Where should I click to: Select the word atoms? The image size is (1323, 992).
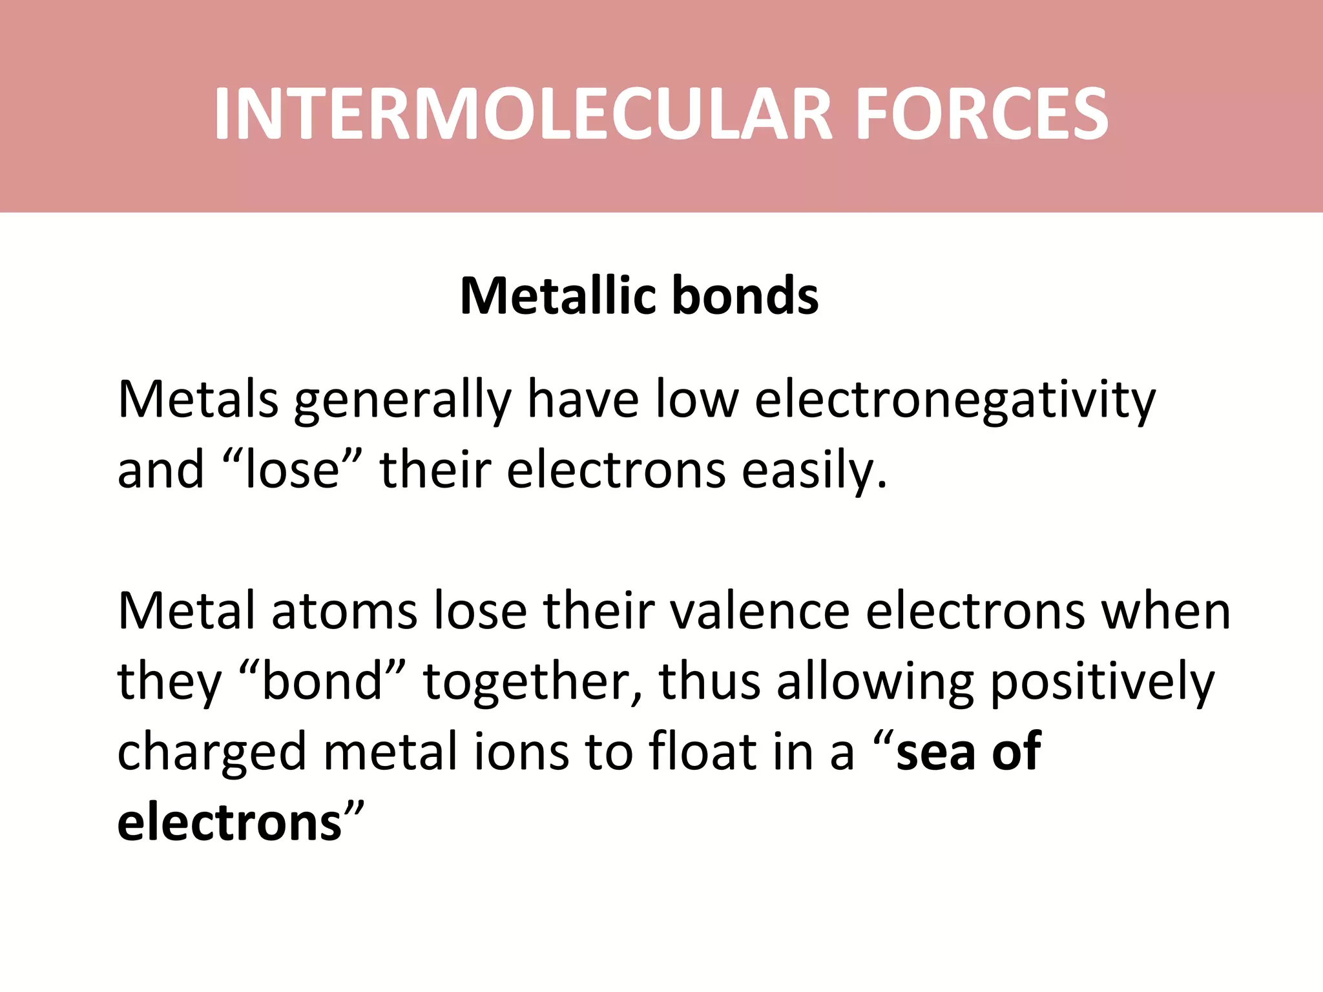point(344,611)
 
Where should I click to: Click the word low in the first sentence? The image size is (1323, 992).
point(697,400)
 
